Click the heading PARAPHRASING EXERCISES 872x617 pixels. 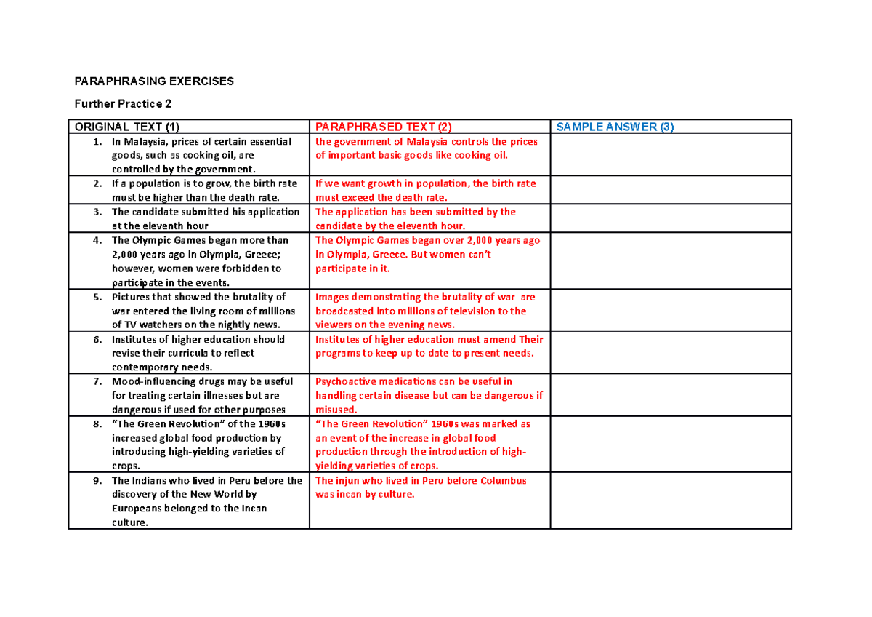(151, 81)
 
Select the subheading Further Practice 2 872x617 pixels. (120, 103)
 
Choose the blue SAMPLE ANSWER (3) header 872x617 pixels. (615, 127)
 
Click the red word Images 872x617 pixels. (333, 297)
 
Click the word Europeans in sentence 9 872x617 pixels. (139, 508)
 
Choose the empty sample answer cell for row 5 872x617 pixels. (670, 311)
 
